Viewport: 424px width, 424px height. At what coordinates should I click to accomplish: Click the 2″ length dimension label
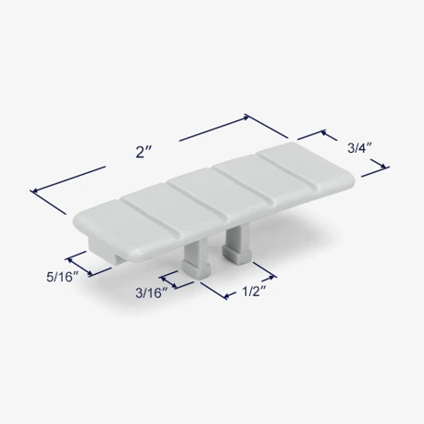(x=143, y=152)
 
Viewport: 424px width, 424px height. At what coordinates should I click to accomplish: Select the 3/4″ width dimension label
(x=359, y=148)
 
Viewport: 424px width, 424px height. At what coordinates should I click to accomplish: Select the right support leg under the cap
(x=237, y=243)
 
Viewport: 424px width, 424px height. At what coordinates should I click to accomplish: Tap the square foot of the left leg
(x=196, y=269)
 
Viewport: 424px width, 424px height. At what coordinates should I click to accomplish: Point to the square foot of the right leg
(x=236, y=256)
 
